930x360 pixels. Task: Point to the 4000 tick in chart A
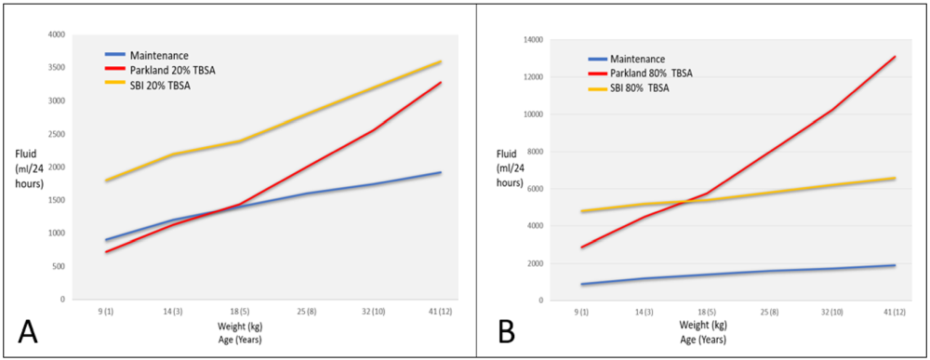coord(55,34)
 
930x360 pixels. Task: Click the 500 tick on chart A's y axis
coord(58,266)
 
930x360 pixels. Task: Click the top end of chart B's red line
coord(895,57)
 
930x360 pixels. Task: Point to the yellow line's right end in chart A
coord(441,61)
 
